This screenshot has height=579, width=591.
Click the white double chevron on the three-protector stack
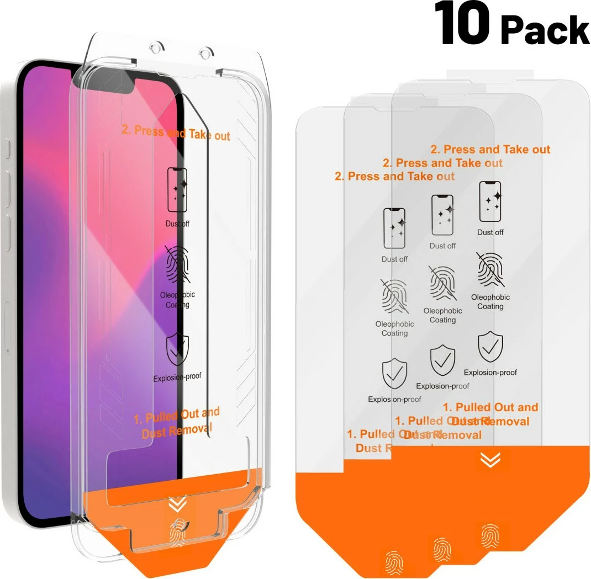[490, 460]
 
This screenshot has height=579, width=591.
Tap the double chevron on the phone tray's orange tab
[177, 504]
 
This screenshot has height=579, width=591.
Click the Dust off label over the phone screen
[177, 224]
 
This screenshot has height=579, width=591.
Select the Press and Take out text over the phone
[175, 133]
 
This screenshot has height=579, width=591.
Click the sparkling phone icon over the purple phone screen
[177, 189]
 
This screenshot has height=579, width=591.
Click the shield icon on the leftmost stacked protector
[394, 374]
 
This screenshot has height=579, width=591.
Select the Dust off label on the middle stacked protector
[442, 246]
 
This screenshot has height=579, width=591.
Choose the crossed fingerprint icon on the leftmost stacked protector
[394, 296]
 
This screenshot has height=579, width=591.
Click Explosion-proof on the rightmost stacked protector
[490, 373]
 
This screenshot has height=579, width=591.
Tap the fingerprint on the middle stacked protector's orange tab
[442, 548]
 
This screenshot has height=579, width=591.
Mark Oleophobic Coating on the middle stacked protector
[442, 315]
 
